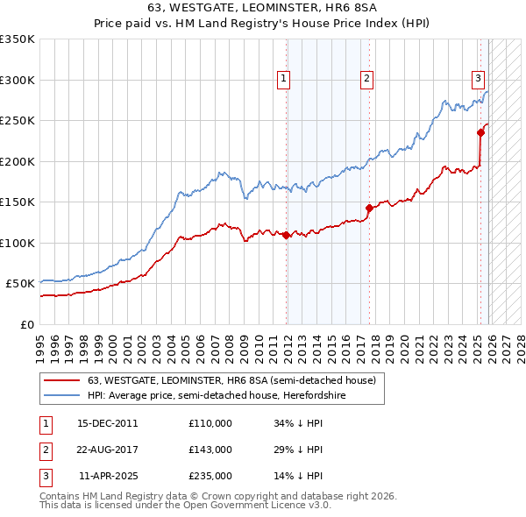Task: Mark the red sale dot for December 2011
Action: point(286,235)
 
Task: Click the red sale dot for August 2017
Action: point(369,208)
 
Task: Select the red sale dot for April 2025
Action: point(480,132)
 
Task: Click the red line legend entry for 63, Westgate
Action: point(231,380)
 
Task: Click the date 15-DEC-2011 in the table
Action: point(108,422)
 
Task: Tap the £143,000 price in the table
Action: point(210,450)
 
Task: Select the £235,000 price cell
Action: point(210,477)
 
